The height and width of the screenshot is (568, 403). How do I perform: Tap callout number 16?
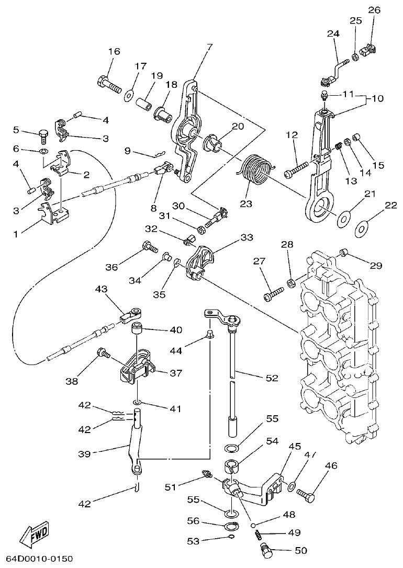click(x=114, y=51)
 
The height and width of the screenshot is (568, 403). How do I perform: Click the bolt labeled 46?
click(x=306, y=493)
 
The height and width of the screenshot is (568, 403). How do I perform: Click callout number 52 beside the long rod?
click(x=272, y=378)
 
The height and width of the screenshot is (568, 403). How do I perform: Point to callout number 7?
click(x=209, y=47)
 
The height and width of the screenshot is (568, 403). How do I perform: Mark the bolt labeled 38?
click(x=102, y=355)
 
